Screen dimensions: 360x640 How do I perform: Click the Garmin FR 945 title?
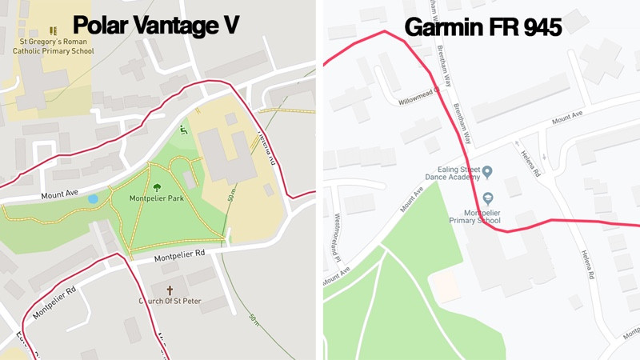483,26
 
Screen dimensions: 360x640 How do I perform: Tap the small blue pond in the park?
93,198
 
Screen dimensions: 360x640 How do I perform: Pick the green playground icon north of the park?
183,130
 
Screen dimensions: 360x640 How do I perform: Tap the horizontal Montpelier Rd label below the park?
180,254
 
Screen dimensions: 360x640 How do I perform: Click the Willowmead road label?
417,97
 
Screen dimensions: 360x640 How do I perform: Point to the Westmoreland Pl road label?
338,238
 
